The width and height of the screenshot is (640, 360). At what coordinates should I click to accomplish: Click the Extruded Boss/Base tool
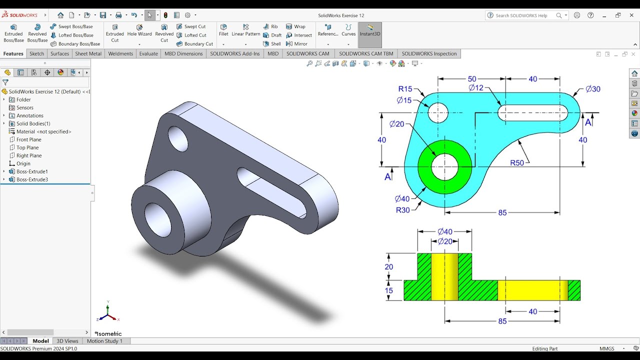point(13,33)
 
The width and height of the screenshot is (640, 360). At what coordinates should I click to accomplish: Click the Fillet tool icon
point(223,30)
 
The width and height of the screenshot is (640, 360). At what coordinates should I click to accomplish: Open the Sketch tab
point(36,53)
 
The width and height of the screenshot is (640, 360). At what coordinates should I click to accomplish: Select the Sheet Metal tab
point(88,53)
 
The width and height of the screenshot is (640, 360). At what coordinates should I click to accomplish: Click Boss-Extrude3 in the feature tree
point(32,179)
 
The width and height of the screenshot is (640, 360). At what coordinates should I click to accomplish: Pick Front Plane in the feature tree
point(28,139)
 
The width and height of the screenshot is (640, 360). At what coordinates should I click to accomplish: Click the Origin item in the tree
point(23,163)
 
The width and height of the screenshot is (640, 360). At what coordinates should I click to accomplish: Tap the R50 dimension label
point(517,163)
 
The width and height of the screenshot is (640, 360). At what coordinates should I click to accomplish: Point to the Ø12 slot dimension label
point(476,88)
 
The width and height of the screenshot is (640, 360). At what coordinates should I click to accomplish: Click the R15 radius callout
point(405,89)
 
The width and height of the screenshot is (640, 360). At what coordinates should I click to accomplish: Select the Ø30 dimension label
point(592,89)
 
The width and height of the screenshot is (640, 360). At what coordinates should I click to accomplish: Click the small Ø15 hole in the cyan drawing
point(438,112)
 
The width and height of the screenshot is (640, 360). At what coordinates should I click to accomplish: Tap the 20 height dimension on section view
point(389,267)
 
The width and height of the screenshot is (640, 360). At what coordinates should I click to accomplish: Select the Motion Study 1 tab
point(104,341)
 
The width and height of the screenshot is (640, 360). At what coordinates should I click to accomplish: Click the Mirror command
point(300,44)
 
